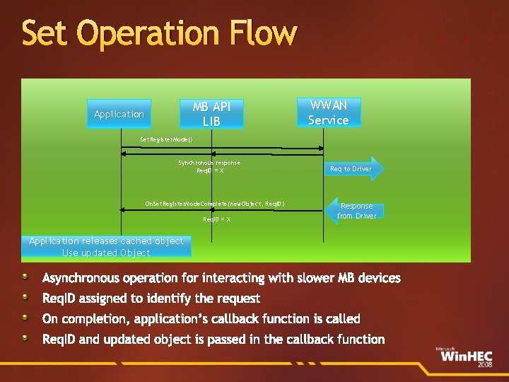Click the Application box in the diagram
point(119,114)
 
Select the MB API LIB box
point(211,114)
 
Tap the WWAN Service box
point(328,112)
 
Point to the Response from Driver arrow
point(355,210)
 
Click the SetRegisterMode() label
point(166,139)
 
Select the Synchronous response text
point(209,163)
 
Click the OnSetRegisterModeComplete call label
point(215,204)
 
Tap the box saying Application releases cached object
point(106,247)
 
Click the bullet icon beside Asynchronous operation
point(25,277)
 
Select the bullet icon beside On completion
point(25,318)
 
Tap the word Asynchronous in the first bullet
point(87,278)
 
